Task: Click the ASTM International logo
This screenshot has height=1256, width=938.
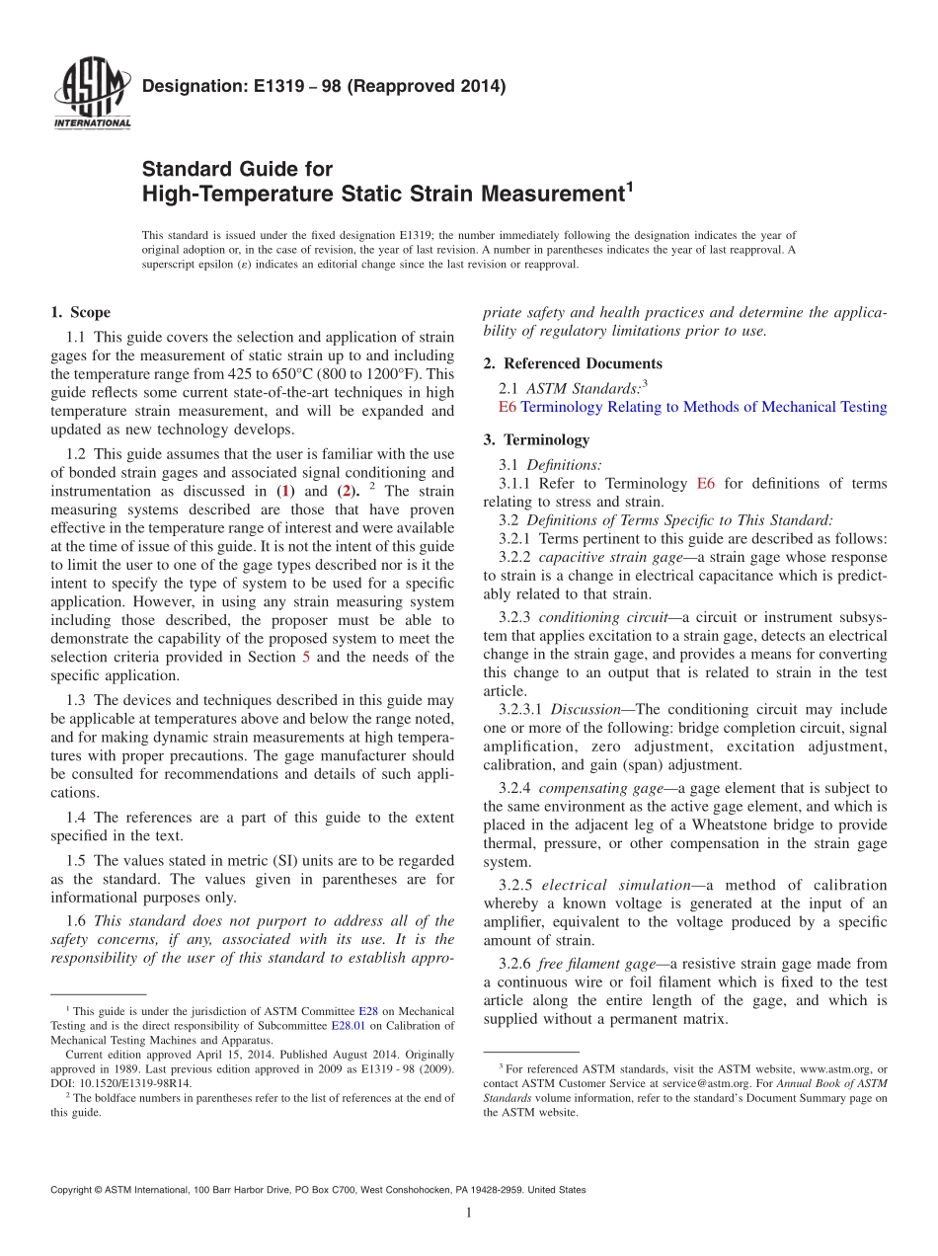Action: (x=91, y=95)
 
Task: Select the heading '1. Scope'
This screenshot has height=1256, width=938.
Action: (x=80, y=313)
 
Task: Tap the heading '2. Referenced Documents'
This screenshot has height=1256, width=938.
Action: (x=573, y=363)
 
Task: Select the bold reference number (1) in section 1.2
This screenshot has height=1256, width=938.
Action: (x=286, y=491)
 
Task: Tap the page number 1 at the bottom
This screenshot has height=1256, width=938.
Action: (x=469, y=1213)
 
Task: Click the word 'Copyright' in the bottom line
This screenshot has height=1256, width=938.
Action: (x=75, y=1190)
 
